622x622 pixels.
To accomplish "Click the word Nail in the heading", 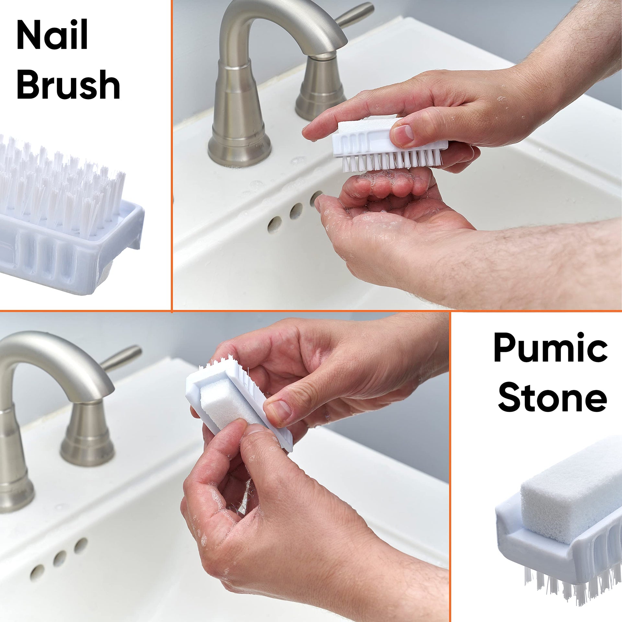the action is point(52,35).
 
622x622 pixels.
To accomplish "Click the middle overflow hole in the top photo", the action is point(296,211).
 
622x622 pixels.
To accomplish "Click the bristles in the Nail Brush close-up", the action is point(62,185).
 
